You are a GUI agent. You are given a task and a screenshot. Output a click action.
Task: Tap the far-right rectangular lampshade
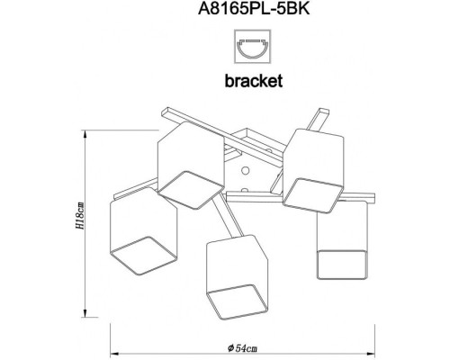coord(343,238)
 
